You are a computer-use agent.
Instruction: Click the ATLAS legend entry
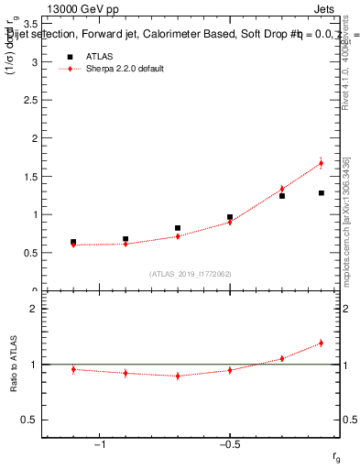pos(102,57)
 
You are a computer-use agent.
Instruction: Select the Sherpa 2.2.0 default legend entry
pos(125,69)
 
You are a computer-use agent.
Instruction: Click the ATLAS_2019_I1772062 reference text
pos(190,273)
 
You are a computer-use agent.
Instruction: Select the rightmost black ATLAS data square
pos(322,193)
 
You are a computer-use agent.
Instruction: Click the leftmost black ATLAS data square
pos(73,243)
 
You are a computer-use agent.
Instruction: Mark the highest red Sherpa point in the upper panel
pos(322,163)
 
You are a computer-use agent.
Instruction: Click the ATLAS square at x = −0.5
pos(230,217)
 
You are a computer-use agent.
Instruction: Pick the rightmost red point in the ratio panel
pos(322,343)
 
